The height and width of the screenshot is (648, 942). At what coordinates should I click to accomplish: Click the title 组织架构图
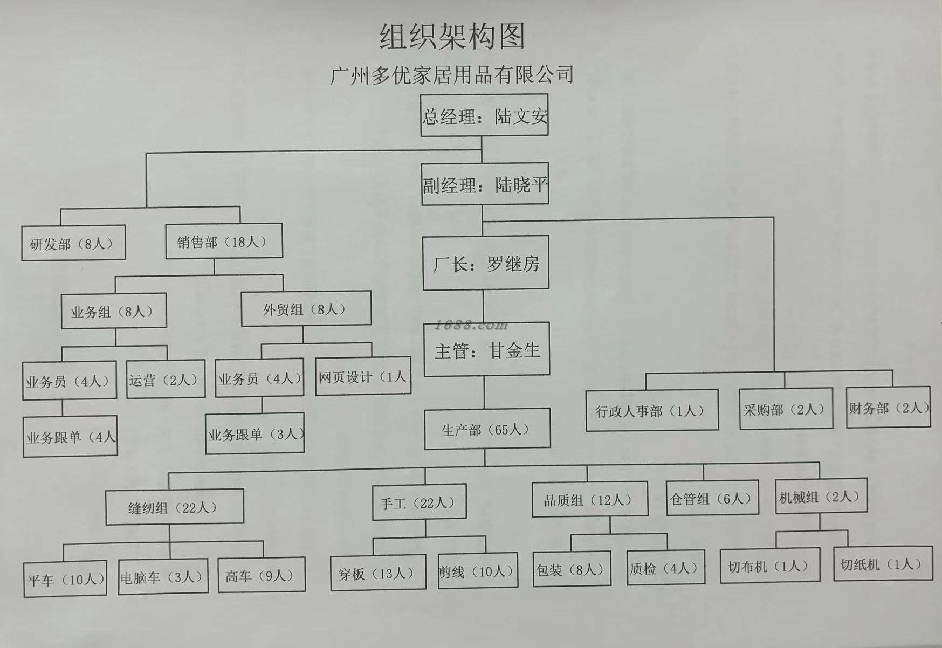(452, 37)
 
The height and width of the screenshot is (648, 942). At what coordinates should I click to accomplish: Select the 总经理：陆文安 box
(484, 115)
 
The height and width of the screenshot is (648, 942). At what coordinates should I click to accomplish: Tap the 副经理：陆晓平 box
(485, 184)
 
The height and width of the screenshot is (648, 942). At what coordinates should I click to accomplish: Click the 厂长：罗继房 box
(486, 263)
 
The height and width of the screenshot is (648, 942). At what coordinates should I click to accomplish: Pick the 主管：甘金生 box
(486, 350)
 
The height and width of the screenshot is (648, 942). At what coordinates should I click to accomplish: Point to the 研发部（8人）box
(73, 243)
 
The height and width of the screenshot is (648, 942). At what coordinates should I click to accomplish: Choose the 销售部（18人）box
(223, 242)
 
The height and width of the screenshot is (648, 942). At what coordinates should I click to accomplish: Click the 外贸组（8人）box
(306, 309)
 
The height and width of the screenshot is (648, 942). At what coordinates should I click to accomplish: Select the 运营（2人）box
(166, 380)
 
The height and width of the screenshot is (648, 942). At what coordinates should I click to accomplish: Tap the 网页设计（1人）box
(363, 377)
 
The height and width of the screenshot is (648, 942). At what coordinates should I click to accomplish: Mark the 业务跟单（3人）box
(255, 433)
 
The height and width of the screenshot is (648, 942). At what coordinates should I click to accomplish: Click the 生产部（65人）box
(487, 429)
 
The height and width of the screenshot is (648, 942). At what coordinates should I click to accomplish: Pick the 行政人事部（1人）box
(651, 410)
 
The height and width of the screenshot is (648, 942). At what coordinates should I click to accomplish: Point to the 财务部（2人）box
(888, 408)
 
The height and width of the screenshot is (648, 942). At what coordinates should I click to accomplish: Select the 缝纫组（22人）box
(174, 507)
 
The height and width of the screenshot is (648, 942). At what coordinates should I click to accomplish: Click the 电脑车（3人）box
(163, 576)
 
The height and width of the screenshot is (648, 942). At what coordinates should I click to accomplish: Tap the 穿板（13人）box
(377, 573)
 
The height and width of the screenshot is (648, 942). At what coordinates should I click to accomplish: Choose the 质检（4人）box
(665, 567)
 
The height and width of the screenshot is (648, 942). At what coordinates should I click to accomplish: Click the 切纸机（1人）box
(882, 564)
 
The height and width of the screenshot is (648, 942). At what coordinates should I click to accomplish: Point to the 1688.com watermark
(471, 325)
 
